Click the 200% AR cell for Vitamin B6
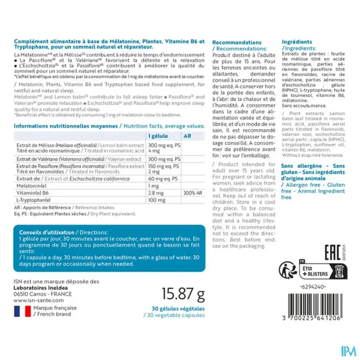[x=192, y=192]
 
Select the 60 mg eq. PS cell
[x=164, y=178]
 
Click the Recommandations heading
[x=236, y=42]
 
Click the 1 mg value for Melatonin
[x=153, y=185]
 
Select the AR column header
[x=188, y=136]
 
